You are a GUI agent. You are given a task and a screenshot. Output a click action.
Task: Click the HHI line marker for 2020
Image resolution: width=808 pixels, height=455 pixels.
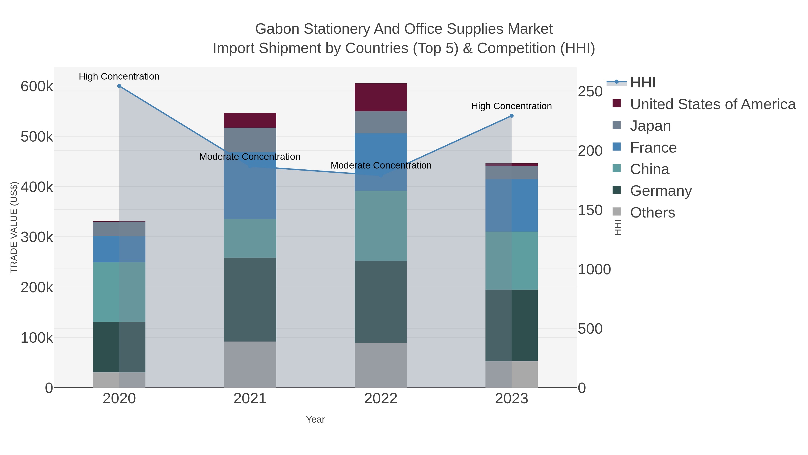[x=119, y=86]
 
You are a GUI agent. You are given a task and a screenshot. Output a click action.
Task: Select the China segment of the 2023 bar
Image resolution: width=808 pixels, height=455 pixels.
[x=512, y=261]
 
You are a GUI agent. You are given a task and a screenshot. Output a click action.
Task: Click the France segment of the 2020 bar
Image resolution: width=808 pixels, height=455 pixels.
[x=119, y=249]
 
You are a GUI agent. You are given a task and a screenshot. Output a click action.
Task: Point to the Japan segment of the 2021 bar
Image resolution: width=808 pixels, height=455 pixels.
[x=250, y=140]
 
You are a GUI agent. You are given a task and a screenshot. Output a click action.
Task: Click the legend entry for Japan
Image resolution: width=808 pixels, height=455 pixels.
[x=650, y=126]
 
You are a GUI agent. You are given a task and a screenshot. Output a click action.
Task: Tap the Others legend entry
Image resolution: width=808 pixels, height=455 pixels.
[x=652, y=213]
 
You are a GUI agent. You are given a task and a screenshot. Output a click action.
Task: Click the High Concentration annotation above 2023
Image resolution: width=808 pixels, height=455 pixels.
[x=512, y=106]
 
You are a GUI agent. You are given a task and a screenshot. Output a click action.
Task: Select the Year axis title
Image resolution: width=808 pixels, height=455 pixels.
[x=315, y=419]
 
